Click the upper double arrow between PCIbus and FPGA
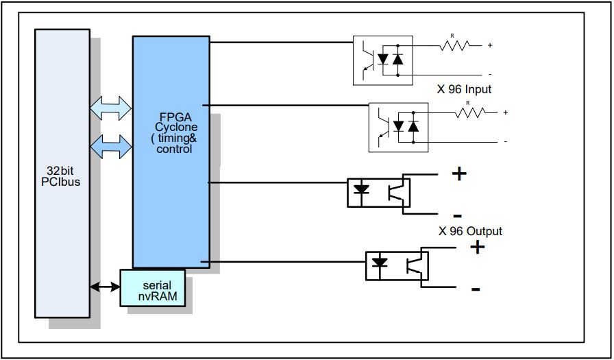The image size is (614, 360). click(x=110, y=106)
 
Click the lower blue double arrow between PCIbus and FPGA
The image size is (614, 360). click(x=110, y=145)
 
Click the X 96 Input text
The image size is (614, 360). click(x=465, y=89)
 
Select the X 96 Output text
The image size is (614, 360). click(x=470, y=231)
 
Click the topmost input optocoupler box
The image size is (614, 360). click(x=383, y=60)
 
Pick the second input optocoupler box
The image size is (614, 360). click(x=400, y=126)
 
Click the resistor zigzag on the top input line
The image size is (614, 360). click(x=454, y=45)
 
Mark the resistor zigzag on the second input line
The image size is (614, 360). click(x=470, y=112)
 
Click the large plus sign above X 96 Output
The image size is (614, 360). click(x=458, y=173)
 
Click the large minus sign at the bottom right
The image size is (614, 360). click(x=475, y=289)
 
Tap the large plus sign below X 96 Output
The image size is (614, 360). click(x=477, y=248)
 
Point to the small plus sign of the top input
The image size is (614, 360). click(x=490, y=45)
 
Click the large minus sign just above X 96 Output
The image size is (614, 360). click(x=457, y=215)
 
